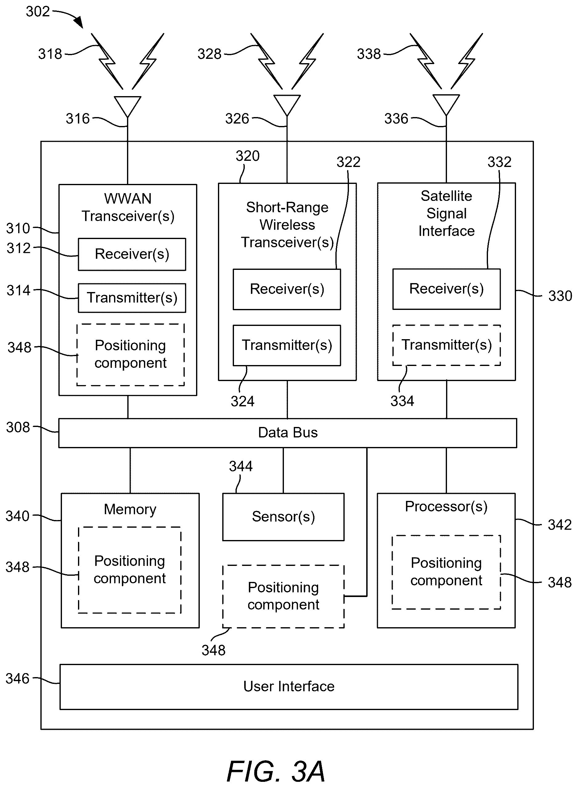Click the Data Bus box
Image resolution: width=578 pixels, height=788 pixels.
tap(288, 433)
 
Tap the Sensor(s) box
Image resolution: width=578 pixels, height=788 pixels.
tap(283, 517)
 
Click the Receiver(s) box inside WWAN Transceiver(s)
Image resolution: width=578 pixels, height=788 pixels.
tap(132, 254)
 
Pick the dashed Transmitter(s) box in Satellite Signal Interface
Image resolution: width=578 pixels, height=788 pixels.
tap(446, 345)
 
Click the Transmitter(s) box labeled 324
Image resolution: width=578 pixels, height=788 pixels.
tap(287, 345)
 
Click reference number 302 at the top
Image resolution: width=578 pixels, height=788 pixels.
tap(38, 11)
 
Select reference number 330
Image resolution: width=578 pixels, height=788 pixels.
tap(560, 296)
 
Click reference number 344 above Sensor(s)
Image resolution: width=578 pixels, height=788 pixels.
tap(241, 466)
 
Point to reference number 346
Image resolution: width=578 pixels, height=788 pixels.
tap(18, 679)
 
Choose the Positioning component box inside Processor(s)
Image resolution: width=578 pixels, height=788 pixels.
tap(446, 572)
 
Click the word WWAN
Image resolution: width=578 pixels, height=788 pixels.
tap(128, 199)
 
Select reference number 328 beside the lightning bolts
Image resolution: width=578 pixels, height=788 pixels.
tap(209, 54)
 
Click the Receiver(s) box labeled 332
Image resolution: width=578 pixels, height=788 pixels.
tap(446, 289)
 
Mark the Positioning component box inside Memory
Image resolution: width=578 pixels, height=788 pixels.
tap(130, 570)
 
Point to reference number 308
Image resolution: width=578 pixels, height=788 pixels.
tap(18, 427)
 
